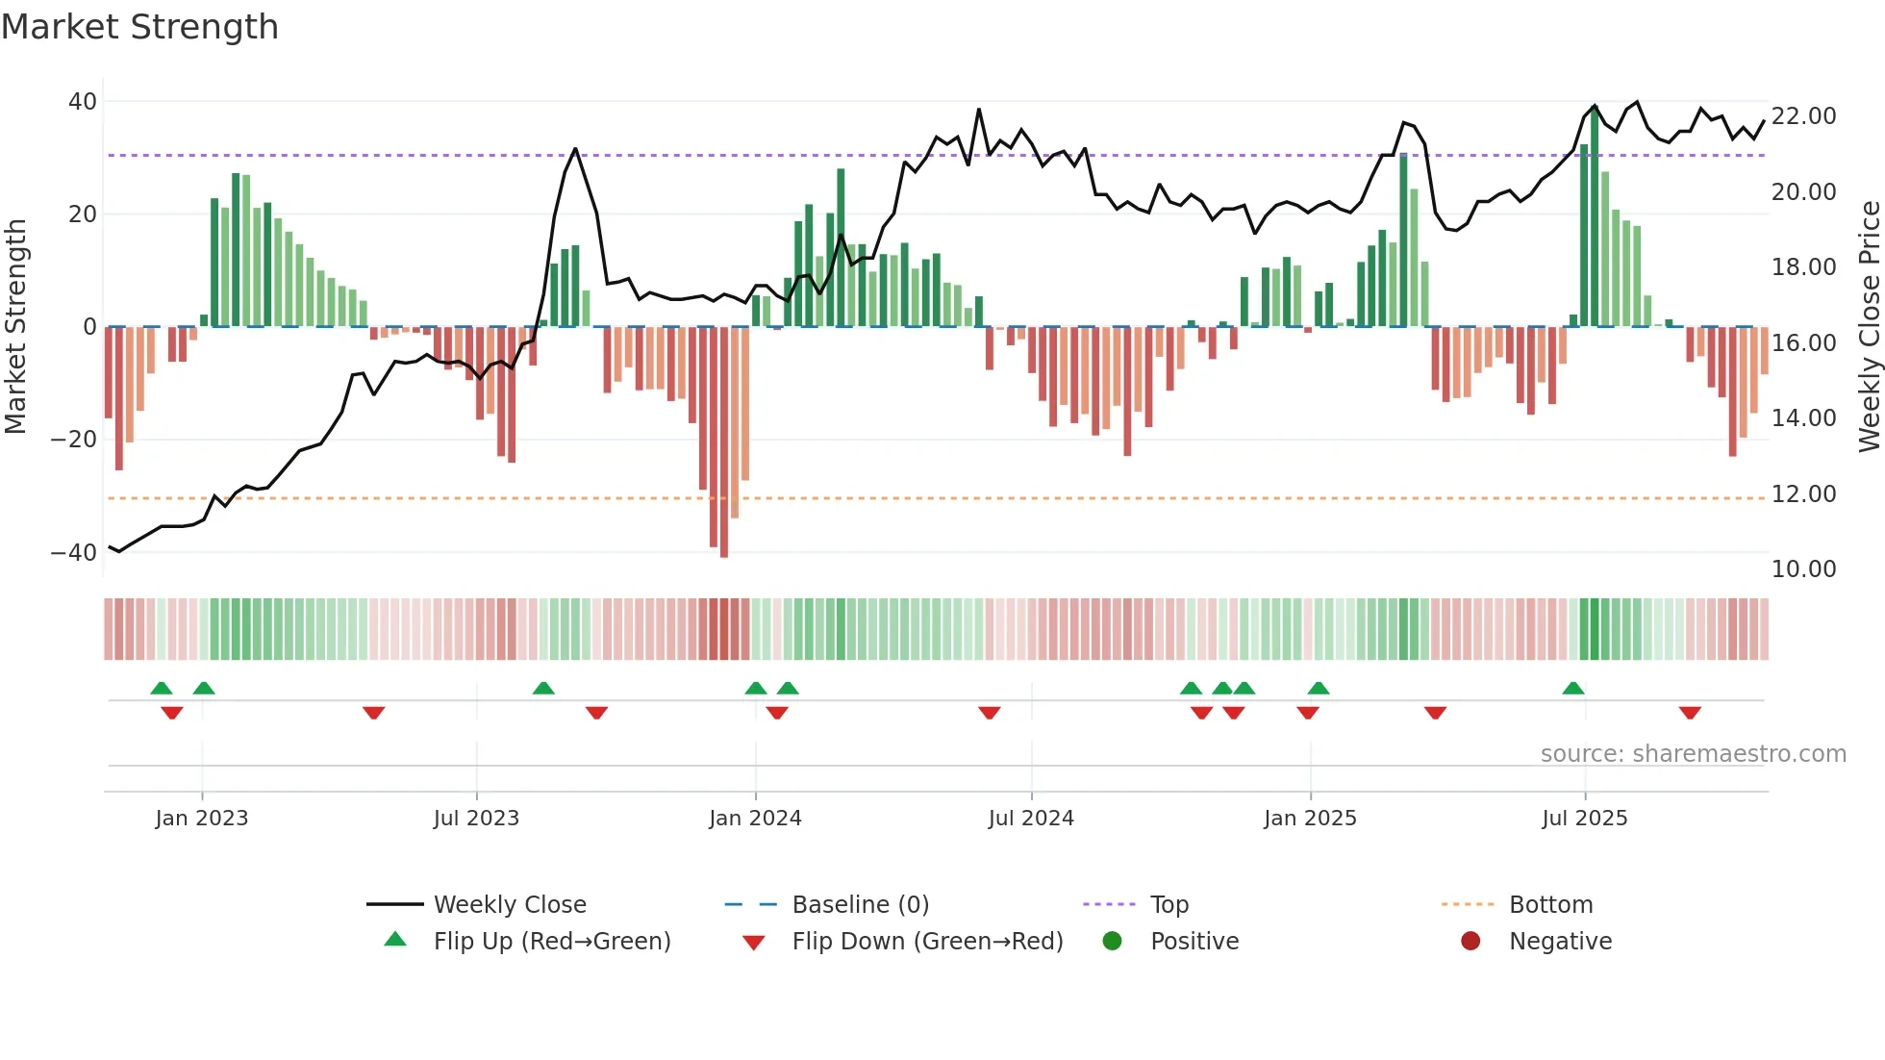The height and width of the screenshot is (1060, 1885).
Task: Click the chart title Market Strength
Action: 139,27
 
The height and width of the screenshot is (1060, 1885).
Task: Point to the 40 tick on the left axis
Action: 83,102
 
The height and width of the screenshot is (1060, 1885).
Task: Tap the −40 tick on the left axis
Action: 74,553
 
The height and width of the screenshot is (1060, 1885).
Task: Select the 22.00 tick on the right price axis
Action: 1803,116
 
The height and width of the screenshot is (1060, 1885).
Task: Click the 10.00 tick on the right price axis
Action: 1803,569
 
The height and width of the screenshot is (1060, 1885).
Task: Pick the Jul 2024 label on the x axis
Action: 1030,819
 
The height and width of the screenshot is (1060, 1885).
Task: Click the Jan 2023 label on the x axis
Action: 201,819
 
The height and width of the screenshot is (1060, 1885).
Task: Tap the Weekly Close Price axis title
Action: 1869,327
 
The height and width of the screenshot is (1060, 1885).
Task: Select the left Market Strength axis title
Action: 15,327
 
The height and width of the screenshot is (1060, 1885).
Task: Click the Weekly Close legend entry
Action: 509,905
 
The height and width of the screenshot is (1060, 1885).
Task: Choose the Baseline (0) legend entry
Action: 860,905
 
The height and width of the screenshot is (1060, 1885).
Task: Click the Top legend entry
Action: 1169,905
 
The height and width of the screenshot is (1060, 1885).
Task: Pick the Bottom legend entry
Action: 1550,905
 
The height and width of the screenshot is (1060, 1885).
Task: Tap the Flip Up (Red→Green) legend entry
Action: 551,942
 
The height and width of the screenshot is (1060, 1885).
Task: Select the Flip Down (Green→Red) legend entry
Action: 927,942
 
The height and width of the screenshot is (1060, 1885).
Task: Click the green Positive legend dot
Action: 1113,942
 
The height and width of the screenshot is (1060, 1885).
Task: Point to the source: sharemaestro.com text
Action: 1693,754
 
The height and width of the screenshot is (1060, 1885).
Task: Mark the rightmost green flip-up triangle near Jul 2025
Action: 1573,689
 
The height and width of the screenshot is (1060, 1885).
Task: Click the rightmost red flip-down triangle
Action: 1690,713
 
